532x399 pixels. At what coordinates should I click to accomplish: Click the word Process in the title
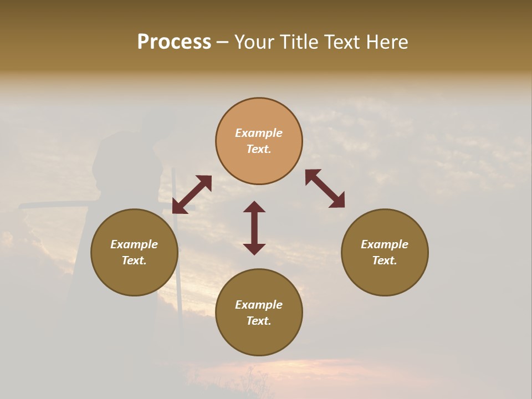click(x=174, y=42)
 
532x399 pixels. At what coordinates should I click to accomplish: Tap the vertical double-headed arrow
click(x=254, y=228)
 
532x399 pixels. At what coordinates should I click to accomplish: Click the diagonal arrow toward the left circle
click(x=192, y=194)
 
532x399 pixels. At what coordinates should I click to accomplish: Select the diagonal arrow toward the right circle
click(x=325, y=188)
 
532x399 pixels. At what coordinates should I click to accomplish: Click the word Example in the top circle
click(x=259, y=133)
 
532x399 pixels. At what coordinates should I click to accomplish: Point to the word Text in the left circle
click(x=134, y=260)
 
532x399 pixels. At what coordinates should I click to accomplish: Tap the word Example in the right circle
click(x=385, y=244)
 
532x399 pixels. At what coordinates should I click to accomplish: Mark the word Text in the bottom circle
click(x=259, y=321)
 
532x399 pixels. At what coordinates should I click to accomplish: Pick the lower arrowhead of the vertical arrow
click(x=254, y=249)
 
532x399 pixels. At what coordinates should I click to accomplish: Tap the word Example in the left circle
click(x=134, y=244)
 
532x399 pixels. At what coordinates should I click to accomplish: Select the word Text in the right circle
click(x=385, y=260)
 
